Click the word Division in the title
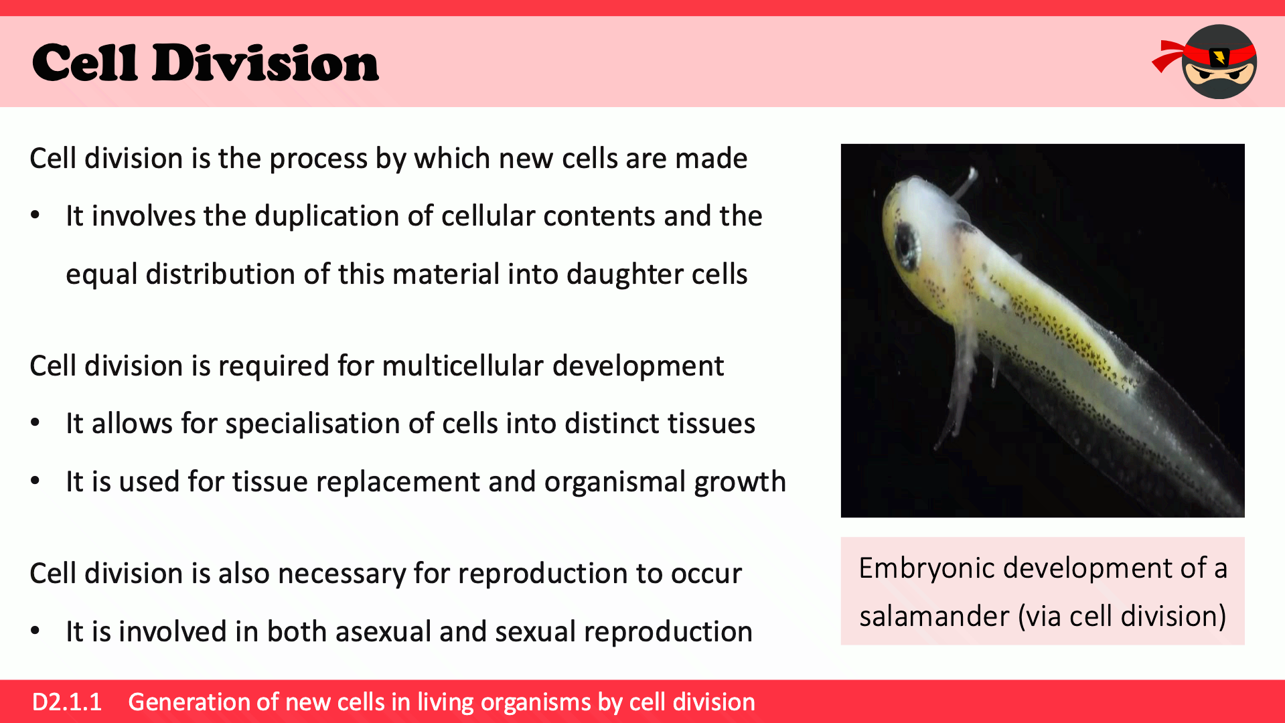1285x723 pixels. pos(265,63)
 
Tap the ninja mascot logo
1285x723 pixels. pos(1205,62)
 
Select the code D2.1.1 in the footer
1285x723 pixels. pos(67,702)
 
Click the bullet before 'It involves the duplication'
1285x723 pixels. pos(35,216)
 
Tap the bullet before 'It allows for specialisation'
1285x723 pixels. pos(35,423)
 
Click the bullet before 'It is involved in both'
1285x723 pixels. pos(35,631)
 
